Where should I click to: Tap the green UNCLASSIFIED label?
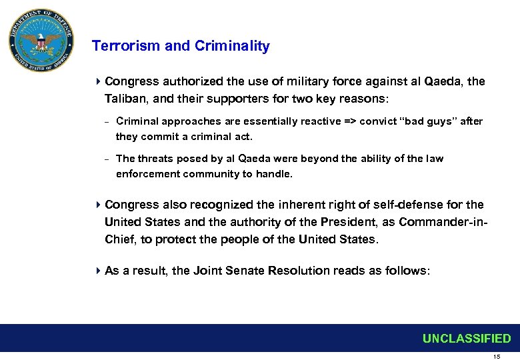467,339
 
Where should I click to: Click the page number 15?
496,356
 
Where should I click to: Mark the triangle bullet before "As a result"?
98,271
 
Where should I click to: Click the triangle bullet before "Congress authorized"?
98,81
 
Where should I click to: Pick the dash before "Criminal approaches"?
107,122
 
